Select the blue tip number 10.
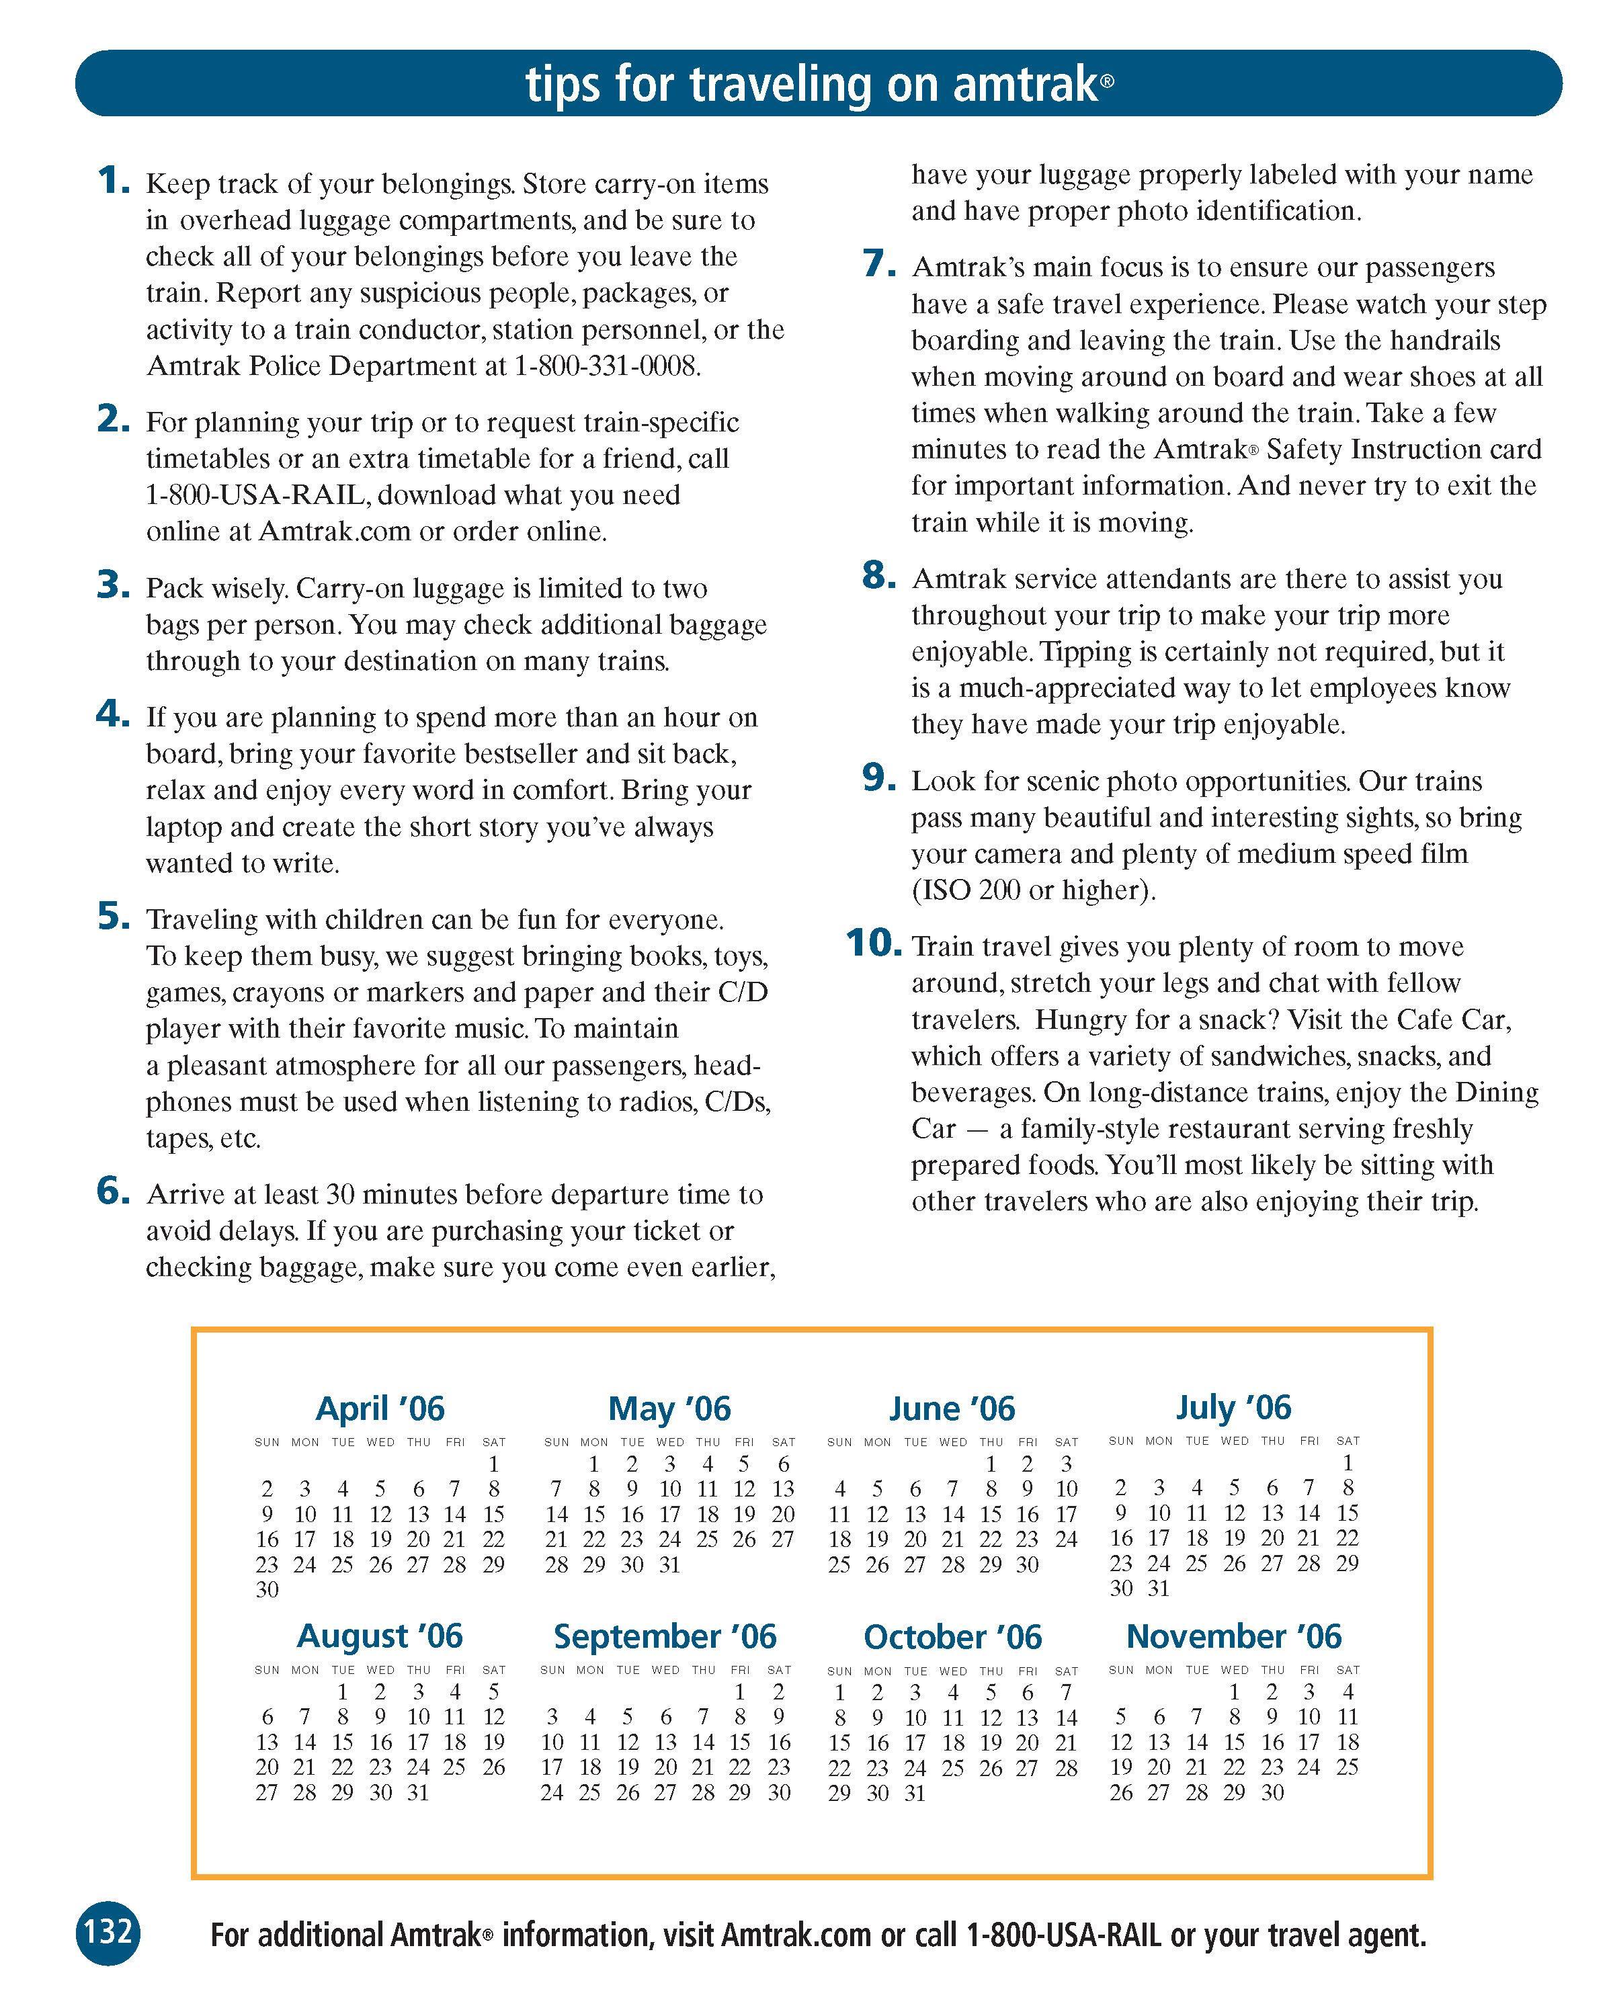[872, 943]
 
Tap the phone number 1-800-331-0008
[607, 366]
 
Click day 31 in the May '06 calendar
[669, 1564]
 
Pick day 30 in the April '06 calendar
[267, 1589]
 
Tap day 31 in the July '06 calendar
[1159, 1588]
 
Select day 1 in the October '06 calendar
[839, 1693]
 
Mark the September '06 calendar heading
[665, 1636]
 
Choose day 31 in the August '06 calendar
[418, 1792]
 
